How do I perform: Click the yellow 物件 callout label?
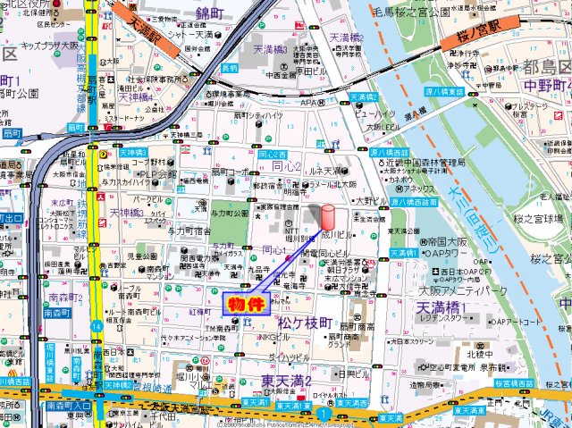[x=248, y=303]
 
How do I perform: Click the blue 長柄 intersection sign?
[x=230, y=68]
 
